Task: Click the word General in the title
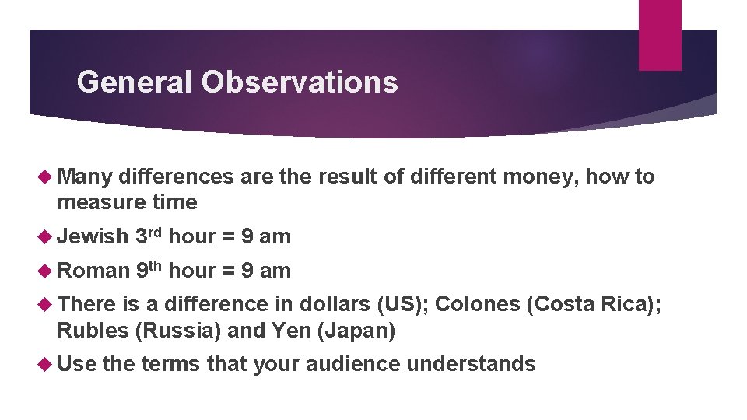(134, 82)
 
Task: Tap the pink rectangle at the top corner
(659, 34)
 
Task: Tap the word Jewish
(93, 236)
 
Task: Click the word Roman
(93, 271)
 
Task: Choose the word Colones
(477, 305)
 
